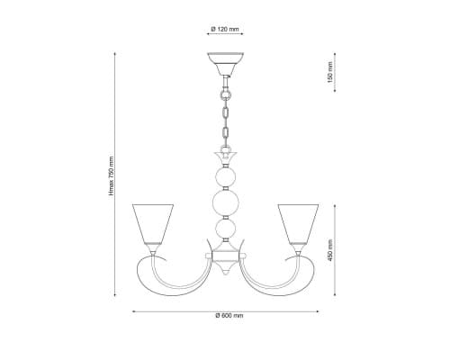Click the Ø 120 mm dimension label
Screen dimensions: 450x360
click(225, 29)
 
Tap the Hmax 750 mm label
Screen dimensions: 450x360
click(112, 176)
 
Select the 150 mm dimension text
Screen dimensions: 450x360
click(330, 72)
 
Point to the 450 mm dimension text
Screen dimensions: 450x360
click(330, 250)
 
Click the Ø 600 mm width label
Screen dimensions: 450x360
click(229, 316)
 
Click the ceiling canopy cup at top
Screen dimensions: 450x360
click(225, 64)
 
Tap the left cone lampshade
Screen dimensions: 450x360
click(153, 224)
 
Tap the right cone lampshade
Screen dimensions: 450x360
click(298, 224)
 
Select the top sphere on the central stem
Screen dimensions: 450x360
click(226, 177)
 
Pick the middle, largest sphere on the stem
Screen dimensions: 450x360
click(226, 202)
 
